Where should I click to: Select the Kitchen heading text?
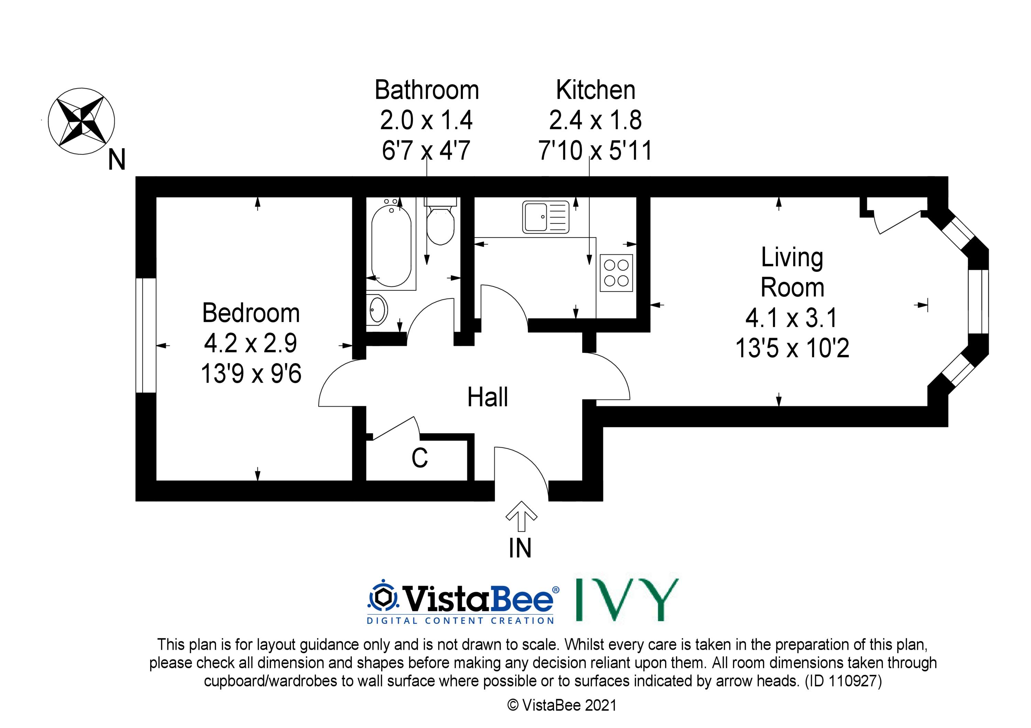pyautogui.click(x=596, y=90)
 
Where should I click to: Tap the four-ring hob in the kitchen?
pyautogui.click(x=616, y=273)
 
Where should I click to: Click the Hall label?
pyautogui.click(x=488, y=397)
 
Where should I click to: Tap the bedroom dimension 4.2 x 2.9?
pyautogui.click(x=251, y=343)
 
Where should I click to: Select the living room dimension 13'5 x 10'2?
pyautogui.click(x=792, y=348)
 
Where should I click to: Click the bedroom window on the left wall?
pyautogui.click(x=146, y=336)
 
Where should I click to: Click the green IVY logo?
pyautogui.click(x=627, y=600)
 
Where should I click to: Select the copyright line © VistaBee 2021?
pyautogui.click(x=562, y=706)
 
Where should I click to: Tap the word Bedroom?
pyautogui.click(x=251, y=313)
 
